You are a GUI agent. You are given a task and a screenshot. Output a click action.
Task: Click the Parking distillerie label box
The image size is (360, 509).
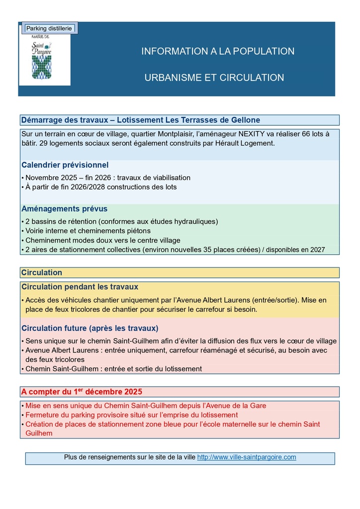coord(49,28)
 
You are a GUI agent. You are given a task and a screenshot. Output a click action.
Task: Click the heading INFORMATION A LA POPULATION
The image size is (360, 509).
coord(218,51)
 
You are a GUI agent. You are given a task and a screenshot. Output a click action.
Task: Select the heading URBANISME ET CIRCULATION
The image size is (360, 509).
coord(214,78)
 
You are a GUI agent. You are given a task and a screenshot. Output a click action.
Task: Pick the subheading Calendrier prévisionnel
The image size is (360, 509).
coord(65,165)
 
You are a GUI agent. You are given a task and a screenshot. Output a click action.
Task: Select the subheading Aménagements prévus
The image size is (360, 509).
coord(64,209)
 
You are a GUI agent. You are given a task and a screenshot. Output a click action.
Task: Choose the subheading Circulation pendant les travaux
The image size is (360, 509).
coord(80,287)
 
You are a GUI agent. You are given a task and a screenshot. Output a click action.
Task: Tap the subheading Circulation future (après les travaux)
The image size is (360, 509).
coord(90,329)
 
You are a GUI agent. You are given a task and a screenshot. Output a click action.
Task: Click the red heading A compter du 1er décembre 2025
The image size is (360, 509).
coord(82,392)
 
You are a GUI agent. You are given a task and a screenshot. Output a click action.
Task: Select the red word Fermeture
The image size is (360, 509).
coord(42,415)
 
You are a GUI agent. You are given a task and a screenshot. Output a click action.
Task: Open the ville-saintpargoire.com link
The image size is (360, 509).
coord(247,457)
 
